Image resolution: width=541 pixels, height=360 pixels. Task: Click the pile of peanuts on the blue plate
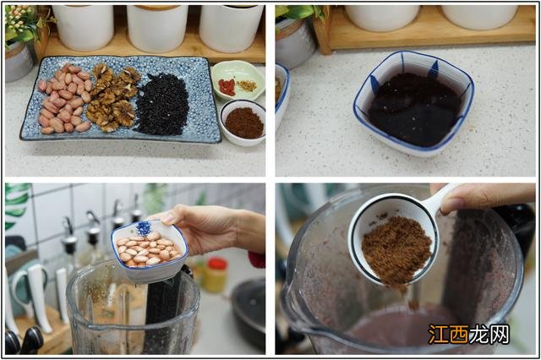click(x=64, y=99)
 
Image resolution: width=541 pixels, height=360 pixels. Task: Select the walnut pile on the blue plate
click(x=113, y=97)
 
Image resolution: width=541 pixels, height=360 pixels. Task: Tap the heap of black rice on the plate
click(x=162, y=104)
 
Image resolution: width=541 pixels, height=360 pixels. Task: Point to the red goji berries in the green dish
click(x=227, y=87)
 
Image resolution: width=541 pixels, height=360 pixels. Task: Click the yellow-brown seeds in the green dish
click(x=247, y=86)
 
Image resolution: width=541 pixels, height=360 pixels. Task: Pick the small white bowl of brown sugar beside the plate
click(x=243, y=123)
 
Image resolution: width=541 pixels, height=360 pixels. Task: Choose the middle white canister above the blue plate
click(x=157, y=28)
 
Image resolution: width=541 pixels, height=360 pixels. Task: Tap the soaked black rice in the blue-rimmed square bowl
click(x=415, y=109)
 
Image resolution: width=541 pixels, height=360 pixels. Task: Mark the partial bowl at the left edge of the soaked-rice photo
click(x=281, y=94)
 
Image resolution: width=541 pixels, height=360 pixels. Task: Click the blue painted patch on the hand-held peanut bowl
click(x=144, y=228)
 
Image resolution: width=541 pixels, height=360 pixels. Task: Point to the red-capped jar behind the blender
click(x=216, y=275)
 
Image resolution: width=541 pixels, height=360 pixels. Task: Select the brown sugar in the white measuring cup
click(x=396, y=251)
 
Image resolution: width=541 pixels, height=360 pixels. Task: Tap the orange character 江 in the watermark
click(x=438, y=334)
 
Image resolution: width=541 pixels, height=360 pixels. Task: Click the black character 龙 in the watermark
click(x=479, y=334)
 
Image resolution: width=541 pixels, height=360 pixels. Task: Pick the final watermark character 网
click(x=499, y=334)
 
